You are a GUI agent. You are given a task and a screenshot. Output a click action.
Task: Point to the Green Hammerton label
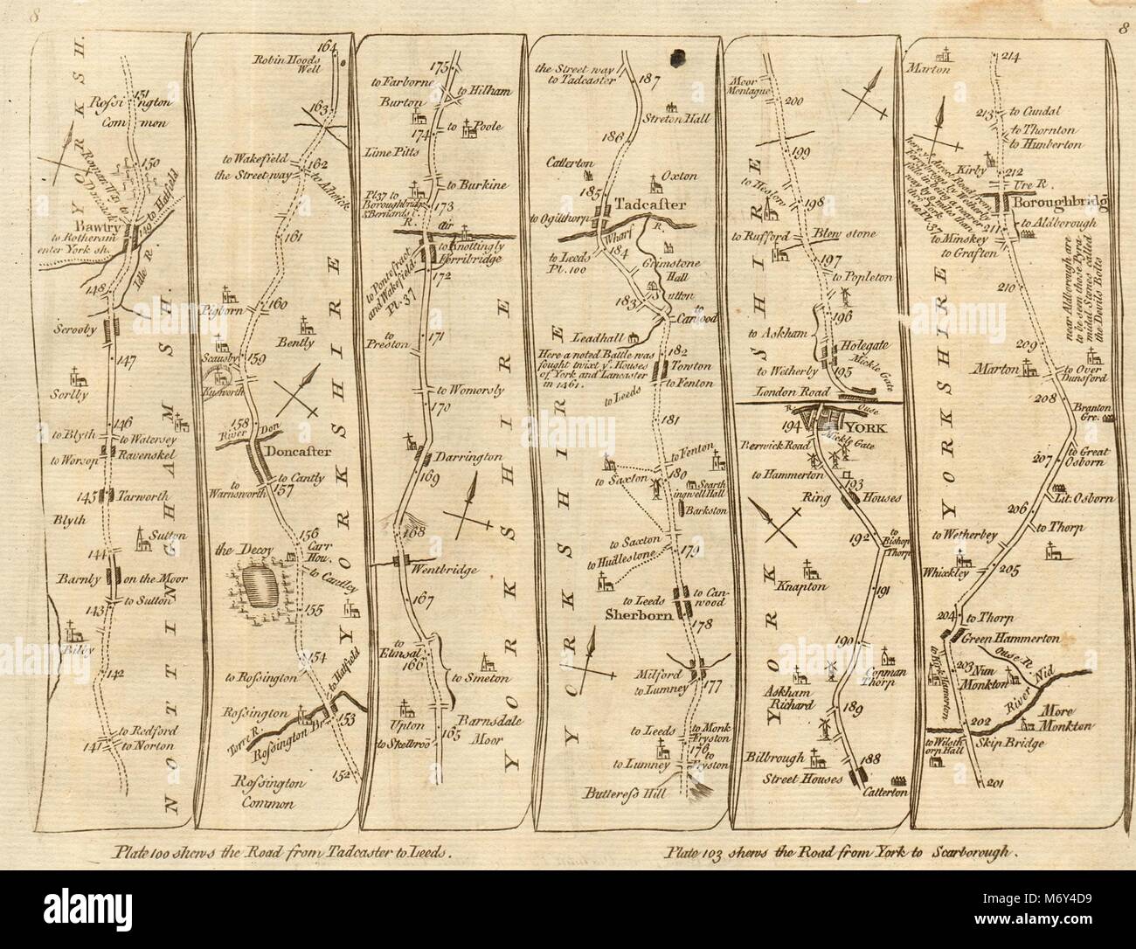click(x=1016, y=635)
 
